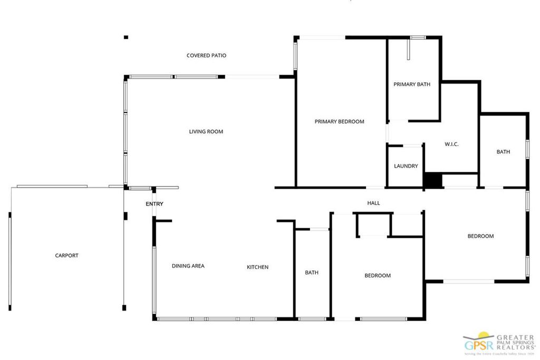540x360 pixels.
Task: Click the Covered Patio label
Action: click(x=206, y=55)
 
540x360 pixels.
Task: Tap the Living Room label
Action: click(x=206, y=132)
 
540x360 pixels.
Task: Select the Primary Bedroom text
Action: click(x=339, y=122)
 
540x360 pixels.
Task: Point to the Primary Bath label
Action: click(x=412, y=84)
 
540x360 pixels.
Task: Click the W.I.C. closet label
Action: click(x=451, y=144)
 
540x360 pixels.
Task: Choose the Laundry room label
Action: click(x=406, y=166)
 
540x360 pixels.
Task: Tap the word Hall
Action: click(x=373, y=203)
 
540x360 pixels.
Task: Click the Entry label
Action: click(x=155, y=204)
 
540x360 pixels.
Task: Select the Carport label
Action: click(x=66, y=256)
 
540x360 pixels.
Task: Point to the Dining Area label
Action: click(x=188, y=266)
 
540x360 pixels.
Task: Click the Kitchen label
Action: click(x=258, y=267)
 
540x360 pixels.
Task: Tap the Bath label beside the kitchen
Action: click(x=312, y=273)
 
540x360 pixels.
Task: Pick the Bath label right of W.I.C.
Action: click(x=503, y=152)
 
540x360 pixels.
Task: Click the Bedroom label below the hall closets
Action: click(x=378, y=276)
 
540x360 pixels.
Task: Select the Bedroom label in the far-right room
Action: click(x=480, y=236)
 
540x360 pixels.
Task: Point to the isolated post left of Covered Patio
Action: click(x=126, y=37)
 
